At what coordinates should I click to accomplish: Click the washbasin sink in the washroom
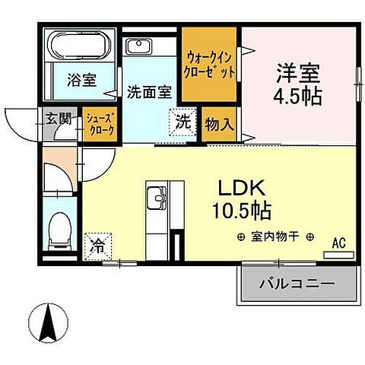click(x=139, y=45)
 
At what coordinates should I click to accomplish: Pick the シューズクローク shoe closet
click(x=100, y=124)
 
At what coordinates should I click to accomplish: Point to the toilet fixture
click(x=57, y=226)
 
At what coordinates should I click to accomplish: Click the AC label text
click(x=339, y=243)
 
